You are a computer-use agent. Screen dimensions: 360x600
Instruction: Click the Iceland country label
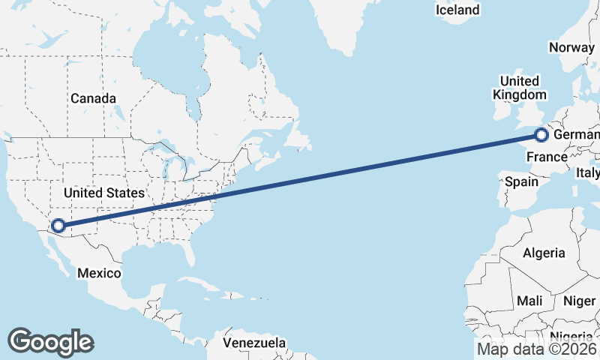coord(457,10)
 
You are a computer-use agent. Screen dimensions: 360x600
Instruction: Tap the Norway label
coord(571,47)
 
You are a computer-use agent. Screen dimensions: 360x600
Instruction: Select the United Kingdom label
coord(520,88)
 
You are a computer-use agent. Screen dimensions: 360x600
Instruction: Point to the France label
coord(546,157)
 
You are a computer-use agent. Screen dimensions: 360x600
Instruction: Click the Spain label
coord(521,181)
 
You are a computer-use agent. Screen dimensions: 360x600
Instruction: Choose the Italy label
coord(588,172)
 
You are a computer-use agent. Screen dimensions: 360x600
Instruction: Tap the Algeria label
coord(544,253)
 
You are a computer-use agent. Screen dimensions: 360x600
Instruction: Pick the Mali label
coord(529,301)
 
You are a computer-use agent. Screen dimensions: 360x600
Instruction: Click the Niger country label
coord(579,301)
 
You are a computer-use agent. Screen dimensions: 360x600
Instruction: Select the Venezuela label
coord(255,343)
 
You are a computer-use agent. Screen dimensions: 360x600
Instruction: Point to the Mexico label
coord(99,273)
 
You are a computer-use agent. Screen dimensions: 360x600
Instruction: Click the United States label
coord(103,193)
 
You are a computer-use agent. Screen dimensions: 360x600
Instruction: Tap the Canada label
coord(93,98)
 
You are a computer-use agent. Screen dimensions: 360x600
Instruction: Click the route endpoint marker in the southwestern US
coord(58,224)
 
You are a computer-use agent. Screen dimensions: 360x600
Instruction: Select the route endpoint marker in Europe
coord(541,135)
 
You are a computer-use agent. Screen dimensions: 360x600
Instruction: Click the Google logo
coord(50,341)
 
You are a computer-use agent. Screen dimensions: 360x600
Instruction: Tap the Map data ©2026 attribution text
coord(537,349)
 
